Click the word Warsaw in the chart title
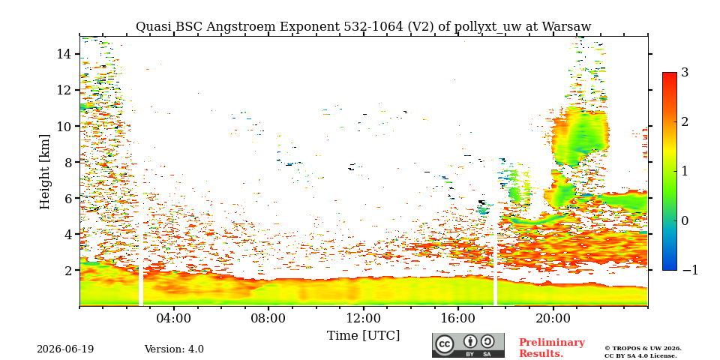click(567, 27)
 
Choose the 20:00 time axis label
click(553, 318)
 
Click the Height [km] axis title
click(44, 172)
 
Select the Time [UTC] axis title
click(363, 336)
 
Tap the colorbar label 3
click(685, 73)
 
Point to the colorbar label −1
click(690, 270)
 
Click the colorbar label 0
click(685, 220)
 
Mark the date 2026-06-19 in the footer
click(65, 349)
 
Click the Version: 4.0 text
click(174, 349)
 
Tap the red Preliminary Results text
click(552, 347)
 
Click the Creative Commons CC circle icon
click(445, 345)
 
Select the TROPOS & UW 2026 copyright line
click(643, 349)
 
